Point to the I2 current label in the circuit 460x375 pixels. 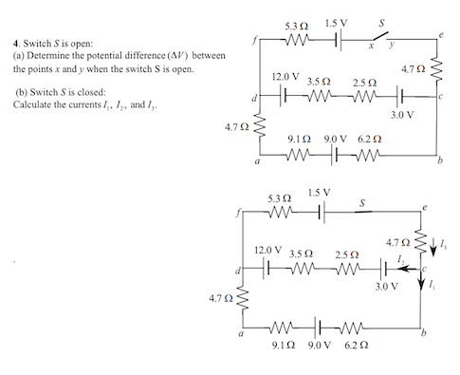[403, 258]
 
